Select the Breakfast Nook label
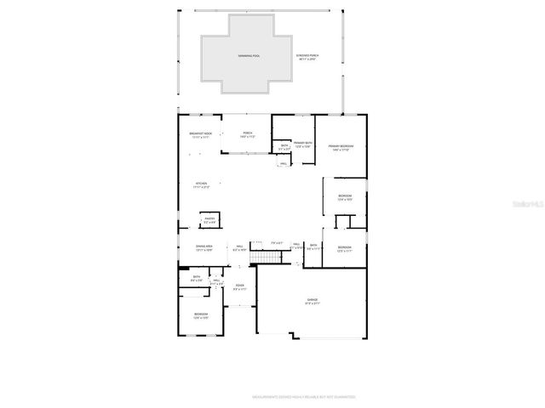(x=202, y=134)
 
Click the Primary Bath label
(x=303, y=144)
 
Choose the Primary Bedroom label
(x=341, y=147)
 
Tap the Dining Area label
(x=204, y=247)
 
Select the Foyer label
(x=240, y=287)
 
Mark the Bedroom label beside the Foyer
(x=200, y=315)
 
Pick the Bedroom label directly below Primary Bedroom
(x=345, y=198)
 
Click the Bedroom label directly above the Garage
(x=345, y=248)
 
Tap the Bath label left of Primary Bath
(x=284, y=147)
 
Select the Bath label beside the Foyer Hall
(x=197, y=278)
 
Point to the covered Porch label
(x=248, y=134)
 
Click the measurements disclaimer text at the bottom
(x=303, y=396)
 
